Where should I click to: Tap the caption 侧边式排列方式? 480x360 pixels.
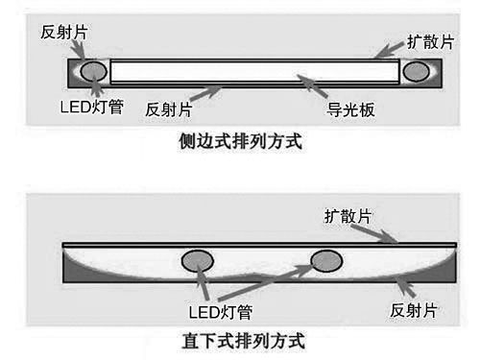coord(241,142)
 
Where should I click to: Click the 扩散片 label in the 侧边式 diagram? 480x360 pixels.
coord(427,40)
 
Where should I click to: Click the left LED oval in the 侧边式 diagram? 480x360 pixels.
coord(93,70)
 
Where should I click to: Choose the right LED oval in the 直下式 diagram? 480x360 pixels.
coord(325,260)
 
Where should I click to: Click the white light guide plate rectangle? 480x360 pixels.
coord(254,71)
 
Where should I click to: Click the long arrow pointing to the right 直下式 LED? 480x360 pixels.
coord(269,283)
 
